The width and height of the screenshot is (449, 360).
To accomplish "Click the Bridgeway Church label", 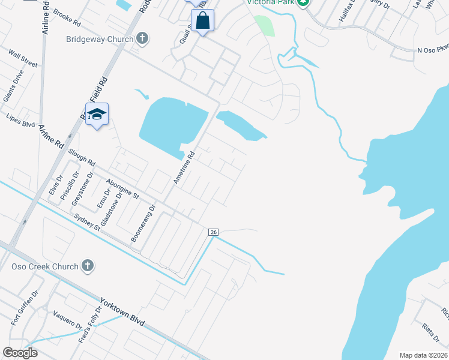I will (x=99, y=39).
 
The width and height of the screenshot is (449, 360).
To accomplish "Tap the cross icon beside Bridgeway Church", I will (x=142, y=39).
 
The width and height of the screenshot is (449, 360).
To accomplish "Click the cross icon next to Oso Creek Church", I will (x=88, y=266).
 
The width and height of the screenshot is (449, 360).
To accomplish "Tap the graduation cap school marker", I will (x=96, y=114).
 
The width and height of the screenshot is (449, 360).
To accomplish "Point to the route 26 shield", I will (x=213, y=232).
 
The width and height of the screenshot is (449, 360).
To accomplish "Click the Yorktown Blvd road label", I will (x=122, y=312).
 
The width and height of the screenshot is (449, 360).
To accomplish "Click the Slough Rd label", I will (x=82, y=158).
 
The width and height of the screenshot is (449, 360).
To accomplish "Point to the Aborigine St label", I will (x=122, y=188).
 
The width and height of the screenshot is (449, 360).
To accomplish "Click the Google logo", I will (x=20, y=353).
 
